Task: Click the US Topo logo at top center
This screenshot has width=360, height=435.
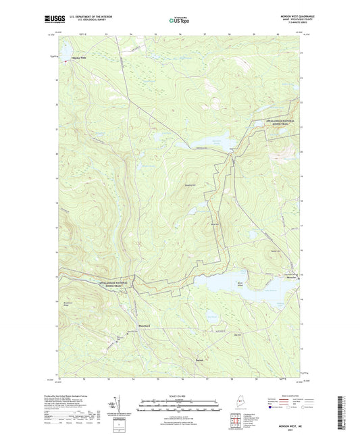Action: coord(179,20)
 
